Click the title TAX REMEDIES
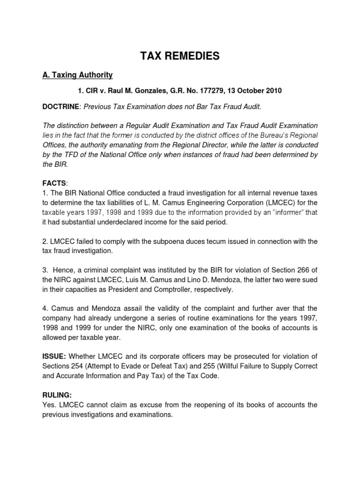click(x=180, y=56)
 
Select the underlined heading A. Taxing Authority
click(x=77, y=75)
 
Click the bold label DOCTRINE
click(x=61, y=107)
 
